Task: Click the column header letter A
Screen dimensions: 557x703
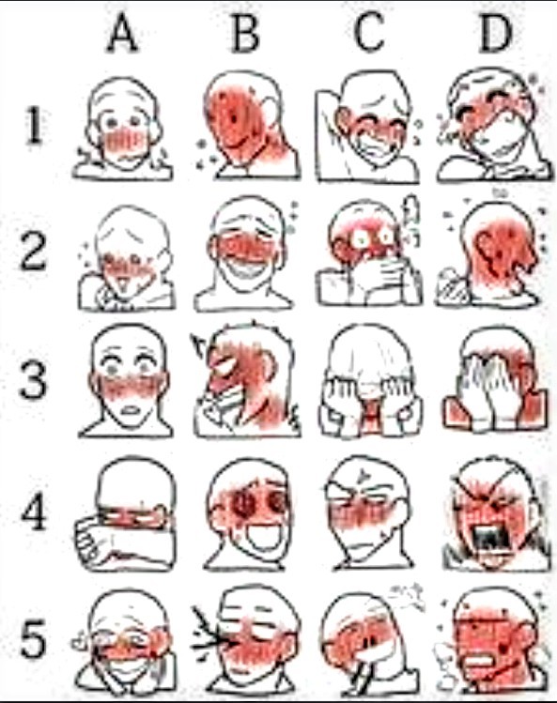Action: pos(122,33)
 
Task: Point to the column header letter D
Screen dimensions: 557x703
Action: pos(496,33)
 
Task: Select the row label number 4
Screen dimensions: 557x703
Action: pos(34,511)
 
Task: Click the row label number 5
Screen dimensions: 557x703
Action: pos(33,638)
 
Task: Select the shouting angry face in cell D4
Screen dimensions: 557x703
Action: pos(496,515)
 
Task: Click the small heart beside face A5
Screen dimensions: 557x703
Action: pos(80,642)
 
